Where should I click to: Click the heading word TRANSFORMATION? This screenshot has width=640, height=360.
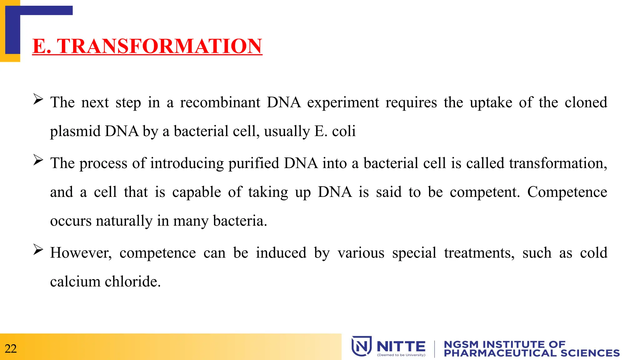(159, 46)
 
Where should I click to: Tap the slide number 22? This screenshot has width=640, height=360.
(11, 348)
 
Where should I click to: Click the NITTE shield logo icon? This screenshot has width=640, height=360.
(362, 346)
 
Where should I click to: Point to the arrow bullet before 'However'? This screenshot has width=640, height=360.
(38, 250)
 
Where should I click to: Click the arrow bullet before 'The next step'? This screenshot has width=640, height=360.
(38, 99)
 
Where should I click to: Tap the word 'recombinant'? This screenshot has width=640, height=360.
(220, 102)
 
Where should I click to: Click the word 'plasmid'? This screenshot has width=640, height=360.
(75, 131)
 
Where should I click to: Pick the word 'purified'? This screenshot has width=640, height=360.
(253, 163)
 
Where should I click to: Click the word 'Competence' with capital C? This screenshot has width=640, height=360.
(567, 192)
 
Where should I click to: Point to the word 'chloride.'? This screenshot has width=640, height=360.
(132, 282)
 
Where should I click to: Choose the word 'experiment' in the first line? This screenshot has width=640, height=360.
(343, 102)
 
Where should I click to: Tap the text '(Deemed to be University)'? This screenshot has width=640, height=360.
(401, 355)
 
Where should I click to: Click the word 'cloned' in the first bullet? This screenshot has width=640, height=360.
(586, 102)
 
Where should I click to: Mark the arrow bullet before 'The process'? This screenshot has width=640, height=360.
(38, 160)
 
